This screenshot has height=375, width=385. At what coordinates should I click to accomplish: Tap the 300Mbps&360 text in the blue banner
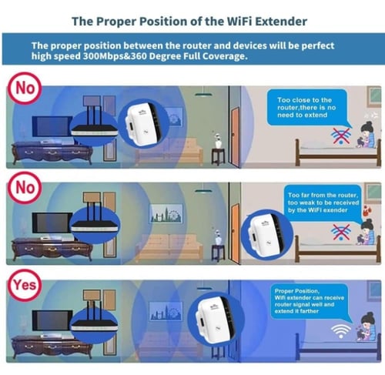115,56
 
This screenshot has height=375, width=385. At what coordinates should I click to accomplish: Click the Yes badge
25,285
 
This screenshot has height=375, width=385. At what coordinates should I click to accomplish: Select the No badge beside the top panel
25,88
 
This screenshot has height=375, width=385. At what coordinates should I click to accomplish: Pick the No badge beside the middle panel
25,188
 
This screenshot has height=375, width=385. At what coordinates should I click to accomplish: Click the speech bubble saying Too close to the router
307,108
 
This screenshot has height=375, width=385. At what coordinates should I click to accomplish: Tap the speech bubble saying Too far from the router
323,203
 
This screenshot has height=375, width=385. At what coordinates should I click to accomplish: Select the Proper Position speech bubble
310,301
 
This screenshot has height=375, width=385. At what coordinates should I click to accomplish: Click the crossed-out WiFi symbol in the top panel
341,136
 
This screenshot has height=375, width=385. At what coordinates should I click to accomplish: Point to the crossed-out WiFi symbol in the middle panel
340,232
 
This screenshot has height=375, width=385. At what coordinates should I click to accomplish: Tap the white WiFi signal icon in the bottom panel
340,330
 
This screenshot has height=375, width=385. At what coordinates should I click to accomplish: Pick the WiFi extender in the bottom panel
215,319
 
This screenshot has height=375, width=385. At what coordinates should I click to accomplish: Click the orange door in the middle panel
235,233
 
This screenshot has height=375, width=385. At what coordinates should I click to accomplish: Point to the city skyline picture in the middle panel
166,214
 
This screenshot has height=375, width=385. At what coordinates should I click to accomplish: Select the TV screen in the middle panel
51,223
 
